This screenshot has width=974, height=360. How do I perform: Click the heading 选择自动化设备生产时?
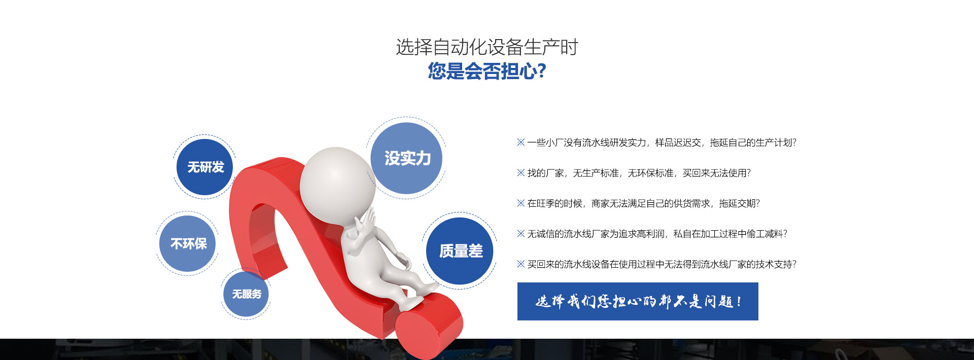click(x=487, y=47)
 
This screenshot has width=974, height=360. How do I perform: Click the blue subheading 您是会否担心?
click(x=487, y=71)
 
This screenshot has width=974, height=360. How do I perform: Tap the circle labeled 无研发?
click(x=204, y=167)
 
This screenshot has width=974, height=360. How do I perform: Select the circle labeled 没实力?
click(x=406, y=158)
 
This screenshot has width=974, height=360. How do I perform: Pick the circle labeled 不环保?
click(x=188, y=243)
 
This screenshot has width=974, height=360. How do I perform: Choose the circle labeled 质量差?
click(x=460, y=250)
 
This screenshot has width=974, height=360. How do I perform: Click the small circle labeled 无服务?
click(x=246, y=294)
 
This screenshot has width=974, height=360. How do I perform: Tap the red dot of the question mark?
click(x=429, y=325)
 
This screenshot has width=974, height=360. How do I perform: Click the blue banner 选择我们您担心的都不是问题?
click(x=638, y=301)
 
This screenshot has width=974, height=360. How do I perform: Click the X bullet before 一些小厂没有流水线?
click(x=521, y=142)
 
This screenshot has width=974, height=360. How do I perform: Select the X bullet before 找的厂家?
click(x=521, y=173)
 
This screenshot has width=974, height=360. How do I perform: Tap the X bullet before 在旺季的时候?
click(x=521, y=203)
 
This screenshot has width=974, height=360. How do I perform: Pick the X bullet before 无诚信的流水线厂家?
click(x=521, y=234)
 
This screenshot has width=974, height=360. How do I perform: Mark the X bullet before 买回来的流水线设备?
click(x=521, y=264)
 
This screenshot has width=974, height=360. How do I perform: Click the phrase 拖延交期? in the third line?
click(x=740, y=203)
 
